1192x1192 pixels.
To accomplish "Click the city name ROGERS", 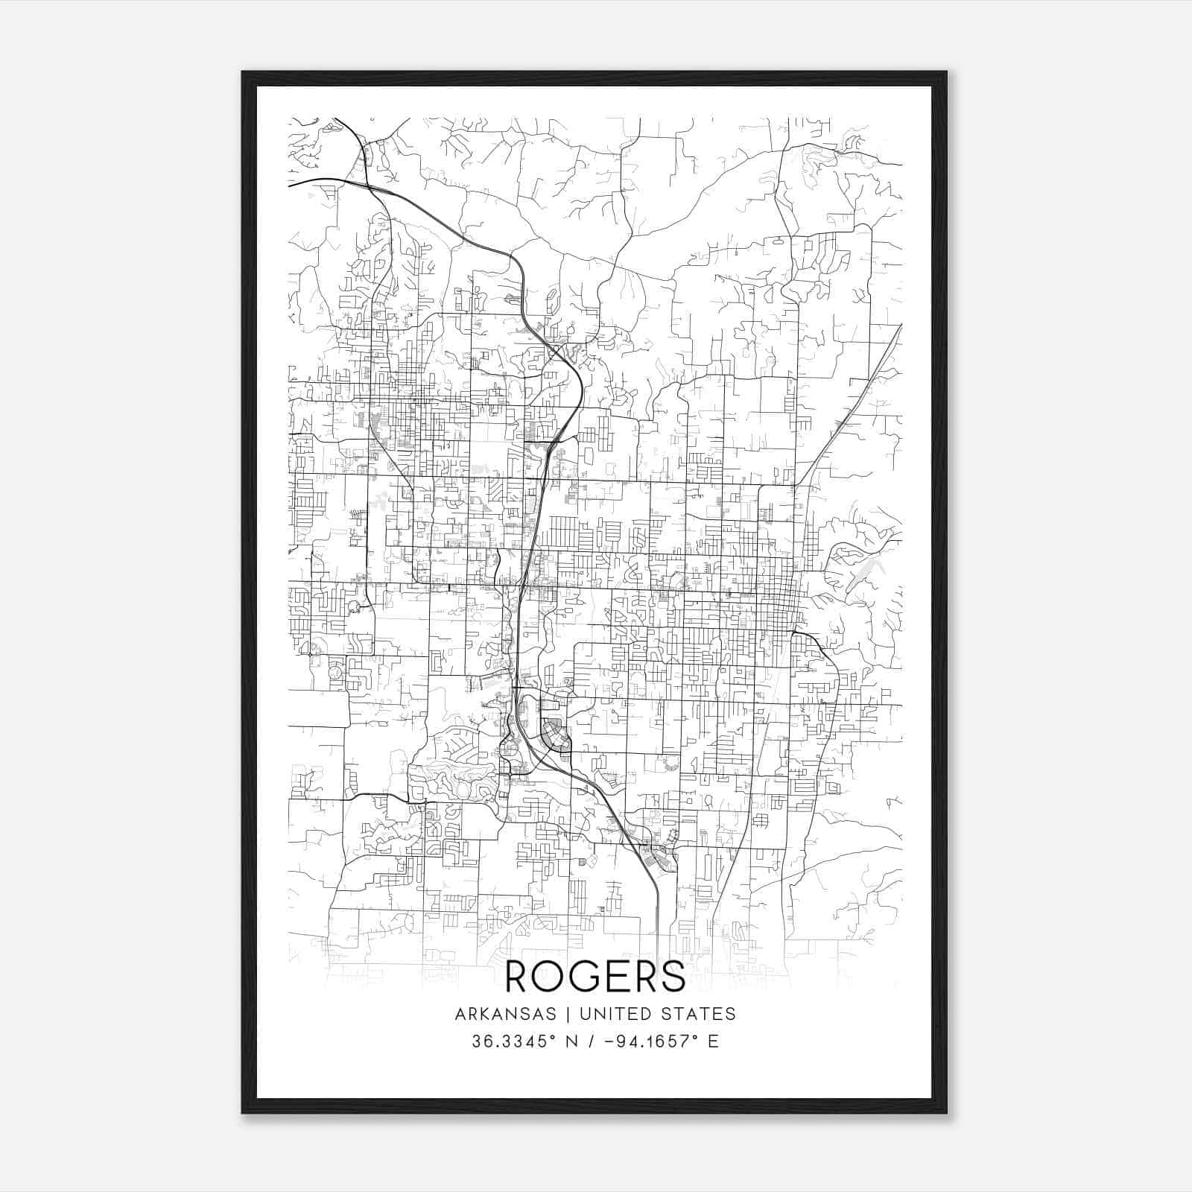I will pos(595,976).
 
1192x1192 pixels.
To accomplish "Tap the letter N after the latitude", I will pos(573,1042).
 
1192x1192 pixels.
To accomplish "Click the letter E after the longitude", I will pos(713,1042).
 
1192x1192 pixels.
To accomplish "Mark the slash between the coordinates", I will pos(592,1042).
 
